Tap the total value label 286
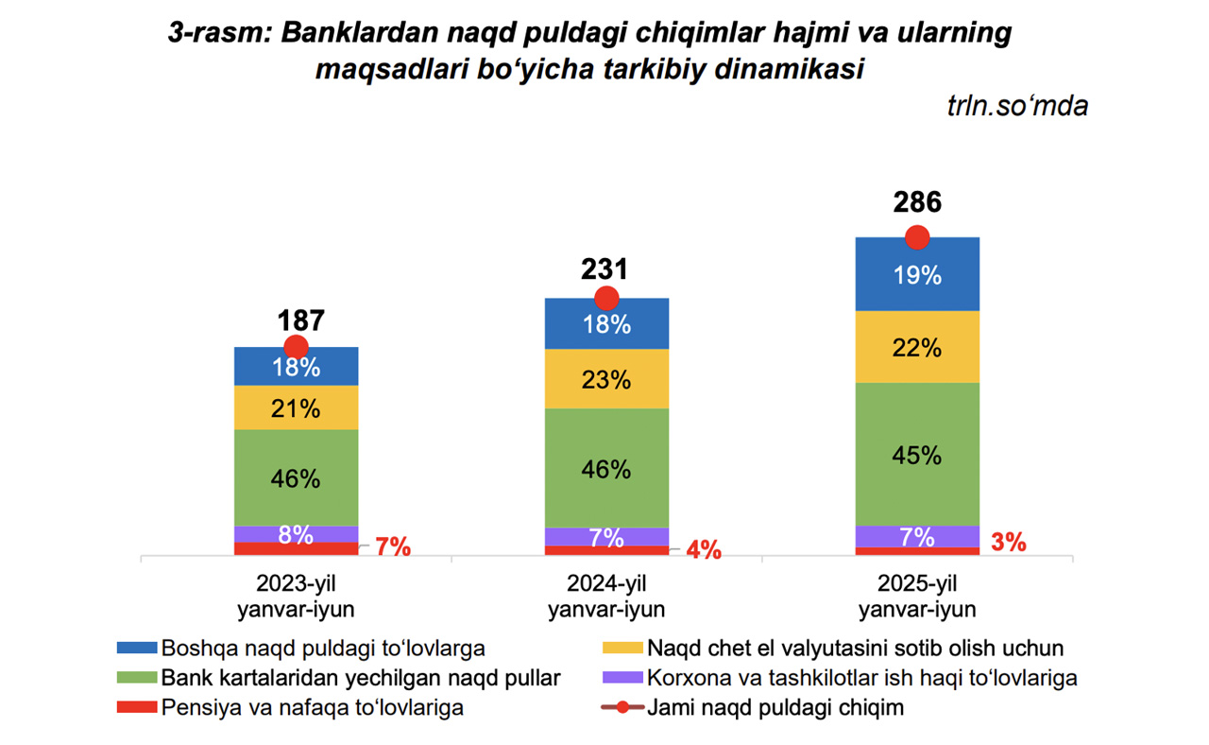917,202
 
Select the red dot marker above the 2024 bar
606,299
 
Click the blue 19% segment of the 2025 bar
917,276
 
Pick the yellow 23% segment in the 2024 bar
606,380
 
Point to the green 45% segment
917,455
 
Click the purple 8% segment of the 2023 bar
297,534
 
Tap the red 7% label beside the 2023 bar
393,546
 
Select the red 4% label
704,549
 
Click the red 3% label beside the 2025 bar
1009,543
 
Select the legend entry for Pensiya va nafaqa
312,707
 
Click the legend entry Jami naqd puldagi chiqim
775,707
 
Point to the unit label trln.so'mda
1016,106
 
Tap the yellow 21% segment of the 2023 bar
297,408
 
